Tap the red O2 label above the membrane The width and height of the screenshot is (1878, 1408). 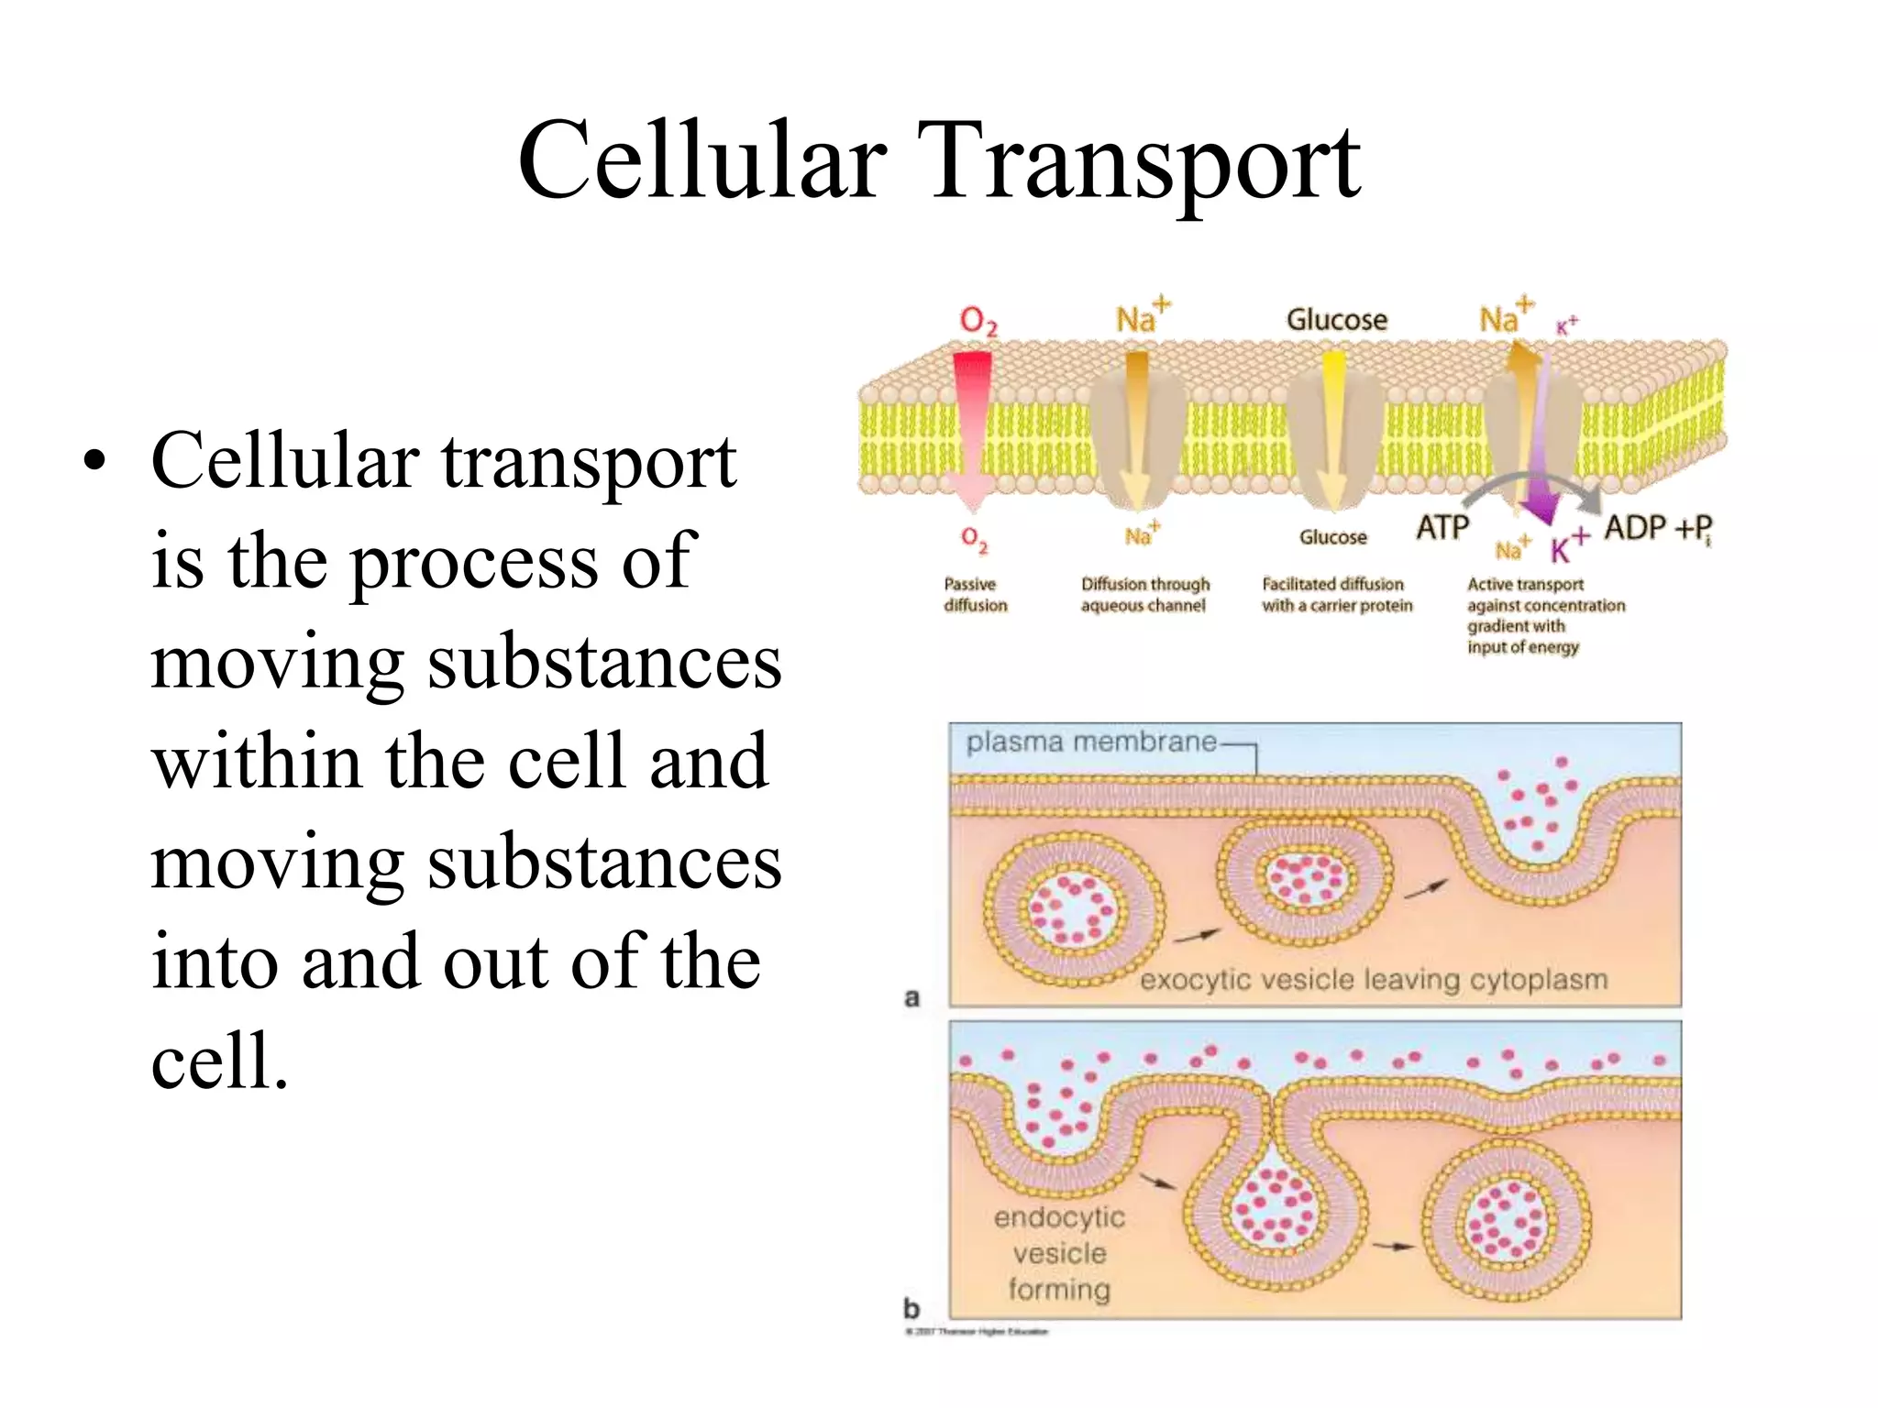pyautogui.click(x=978, y=321)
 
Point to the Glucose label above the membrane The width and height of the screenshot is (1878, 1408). pyautogui.click(x=1336, y=320)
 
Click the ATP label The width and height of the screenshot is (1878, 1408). pyautogui.click(x=1442, y=528)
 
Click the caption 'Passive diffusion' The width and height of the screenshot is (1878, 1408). pyautogui.click(x=975, y=595)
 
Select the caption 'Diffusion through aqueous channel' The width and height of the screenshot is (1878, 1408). pyautogui.click(x=1144, y=595)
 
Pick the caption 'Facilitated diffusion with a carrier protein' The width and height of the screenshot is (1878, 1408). pyautogui.click(x=1336, y=595)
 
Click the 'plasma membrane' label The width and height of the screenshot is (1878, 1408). pyautogui.click(x=1091, y=742)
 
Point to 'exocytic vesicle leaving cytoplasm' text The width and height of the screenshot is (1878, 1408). pyautogui.click(x=1373, y=980)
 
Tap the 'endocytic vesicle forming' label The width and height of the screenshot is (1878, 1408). pyautogui.click(x=1059, y=1253)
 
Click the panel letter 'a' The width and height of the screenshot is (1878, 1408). pyautogui.click(x=911, y=997)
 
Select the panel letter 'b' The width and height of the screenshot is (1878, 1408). pyautogui.click(x=911, y=1308)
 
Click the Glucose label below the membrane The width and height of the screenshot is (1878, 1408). pyautogui.click(x=1332, y=537)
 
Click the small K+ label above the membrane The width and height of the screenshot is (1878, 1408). pyautogui.click(x=1566, y=324)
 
